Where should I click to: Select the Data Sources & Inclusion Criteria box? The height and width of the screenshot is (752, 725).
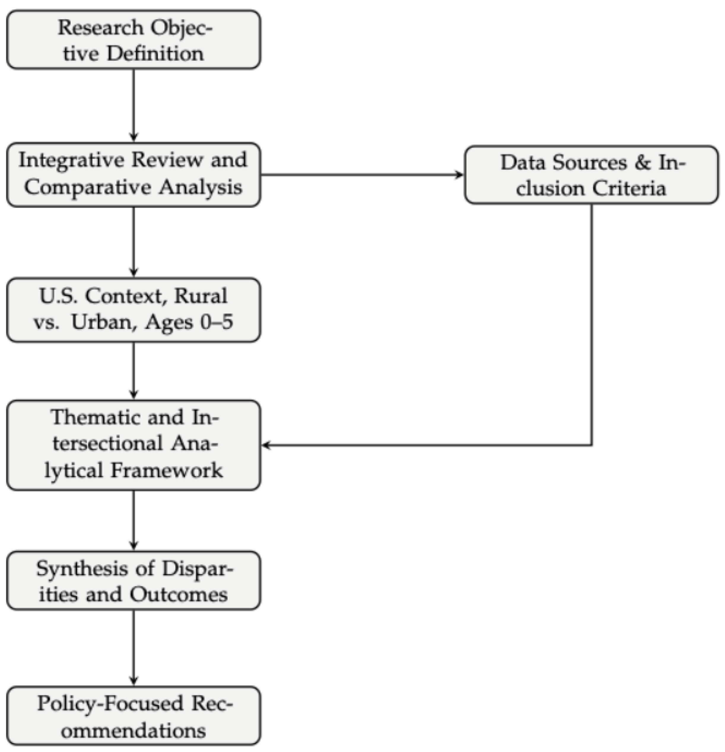click(x=591, y=175)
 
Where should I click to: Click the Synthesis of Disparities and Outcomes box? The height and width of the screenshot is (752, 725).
click(x=133, y=581)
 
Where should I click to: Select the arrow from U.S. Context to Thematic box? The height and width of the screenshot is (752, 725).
click(x=133, y=371)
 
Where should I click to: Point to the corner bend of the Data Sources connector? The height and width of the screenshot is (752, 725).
click(x=592, y=445)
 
